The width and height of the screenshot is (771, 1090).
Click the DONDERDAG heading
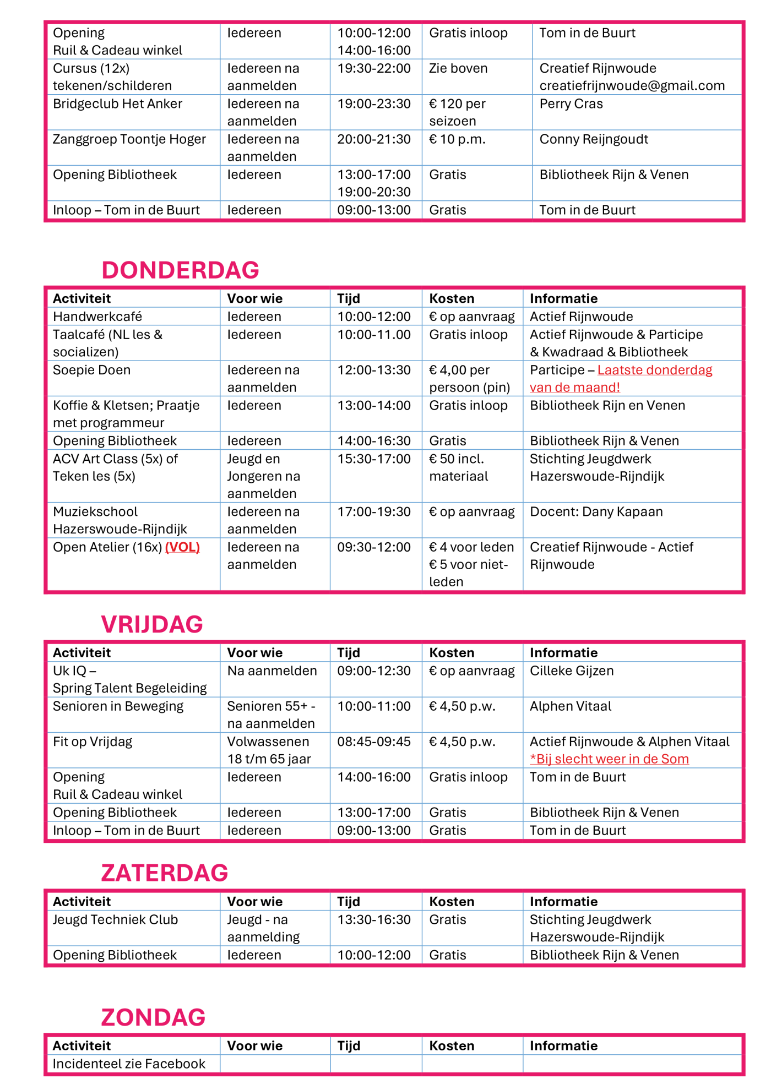[x=180, y=270]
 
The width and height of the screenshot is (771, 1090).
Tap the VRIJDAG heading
[x=152, y=624]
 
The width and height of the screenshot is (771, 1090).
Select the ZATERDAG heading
[x=164, y=873]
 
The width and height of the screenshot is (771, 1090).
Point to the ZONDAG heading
[x=153, y=1017]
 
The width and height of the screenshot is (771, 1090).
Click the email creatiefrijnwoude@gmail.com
[x=632, y=86]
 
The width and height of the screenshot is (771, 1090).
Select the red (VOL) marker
[x=182, y=547]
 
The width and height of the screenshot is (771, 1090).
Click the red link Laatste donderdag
[x=655, y=370]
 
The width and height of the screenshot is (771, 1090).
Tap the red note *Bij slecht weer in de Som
[x=609, y=759]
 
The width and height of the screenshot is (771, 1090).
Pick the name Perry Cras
[x=571, y=104]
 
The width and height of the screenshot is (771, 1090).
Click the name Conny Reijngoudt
[x=594, y=139]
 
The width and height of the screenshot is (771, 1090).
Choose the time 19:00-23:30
[x=374, y=104]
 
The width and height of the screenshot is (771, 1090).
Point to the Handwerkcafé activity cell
[x=97, y=317]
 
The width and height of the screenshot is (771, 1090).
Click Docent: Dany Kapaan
[x=596, y=512]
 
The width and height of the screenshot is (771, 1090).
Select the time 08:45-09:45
[x=374, y=742]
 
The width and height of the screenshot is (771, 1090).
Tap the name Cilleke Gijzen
[x=572, y=671]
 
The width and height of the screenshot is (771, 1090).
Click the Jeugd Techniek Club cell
[x=115, y=920]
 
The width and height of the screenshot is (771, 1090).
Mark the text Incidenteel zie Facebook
[x=129, y=1064]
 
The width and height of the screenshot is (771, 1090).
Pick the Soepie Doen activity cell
[x=91, y=370]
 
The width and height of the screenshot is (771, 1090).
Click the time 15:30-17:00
[x=374, y=459]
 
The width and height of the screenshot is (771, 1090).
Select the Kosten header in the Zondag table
[x=452, y=1046]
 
